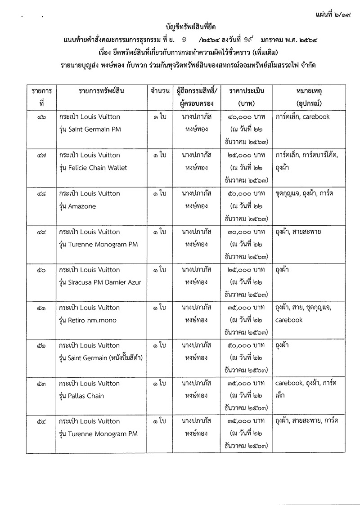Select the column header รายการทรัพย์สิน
101,90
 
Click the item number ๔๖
41,117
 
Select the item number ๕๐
41,270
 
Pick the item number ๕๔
41,421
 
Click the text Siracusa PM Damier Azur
104,282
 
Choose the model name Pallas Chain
86,396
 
